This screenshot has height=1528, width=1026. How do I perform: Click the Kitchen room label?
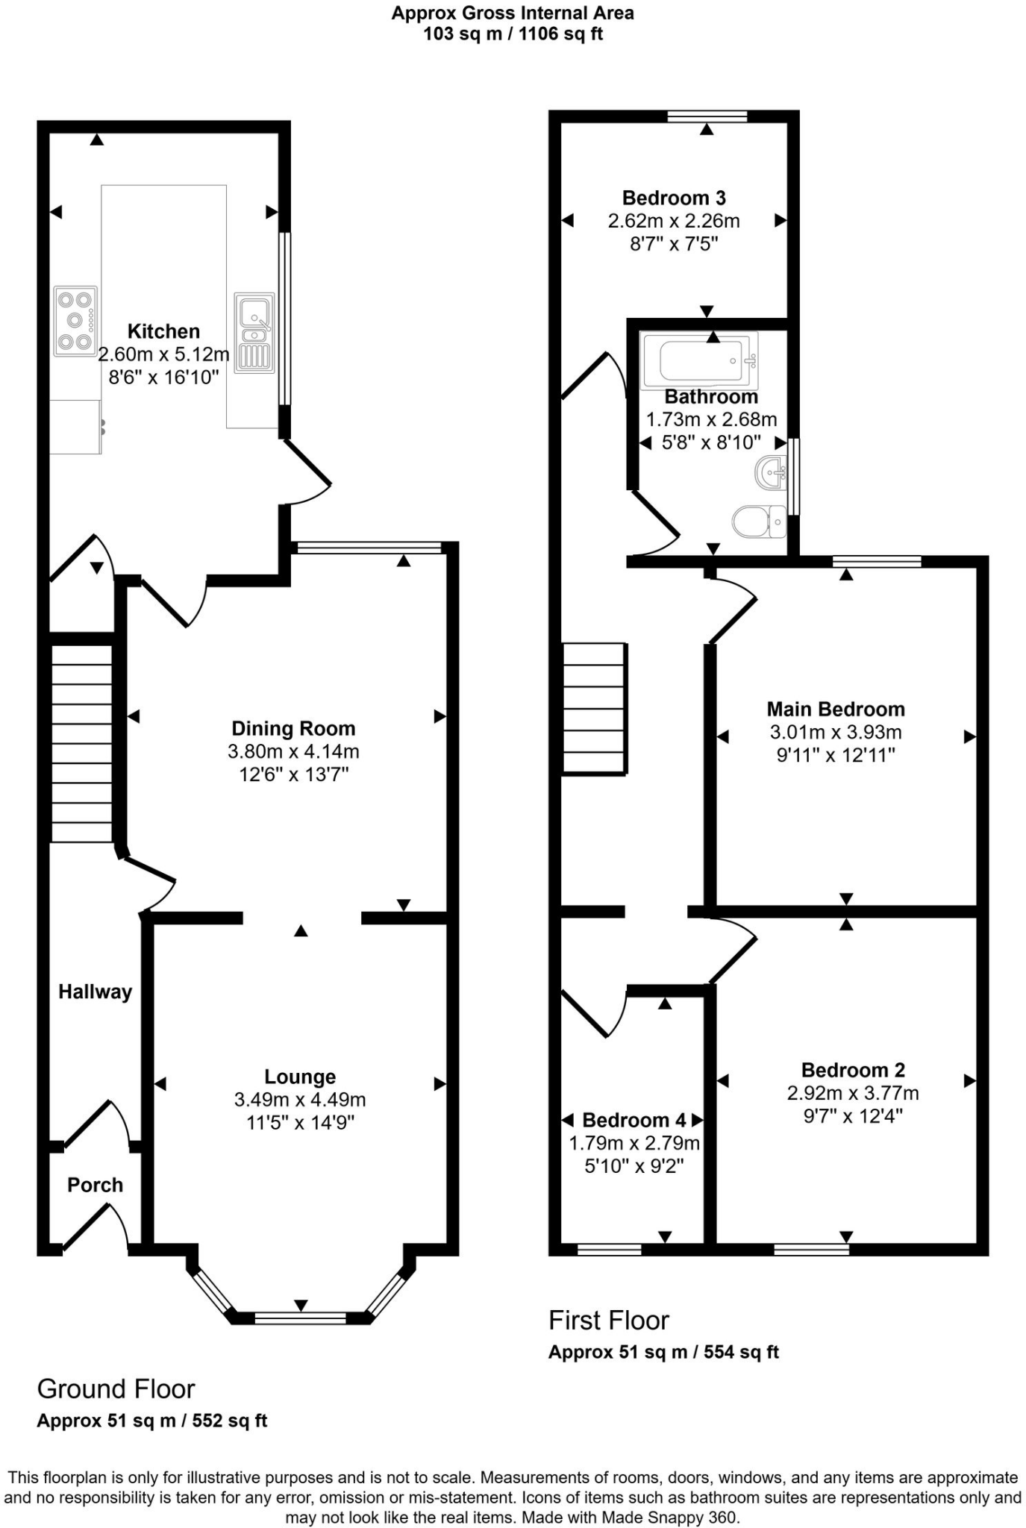pyautogui.click(x=163, y=331)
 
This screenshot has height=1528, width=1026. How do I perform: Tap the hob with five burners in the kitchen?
pyautogui.click(x=75, y=321)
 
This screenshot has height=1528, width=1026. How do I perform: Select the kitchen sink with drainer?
pyautogui.click(x=254, y=333)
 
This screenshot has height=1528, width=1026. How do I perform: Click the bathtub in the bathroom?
pyautogui.click(x=700, y=360)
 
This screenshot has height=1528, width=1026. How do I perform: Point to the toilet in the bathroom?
pyautogui.click(x=759, y=522)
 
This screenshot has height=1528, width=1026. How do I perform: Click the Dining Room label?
pyautogui.click(x=293, y=728)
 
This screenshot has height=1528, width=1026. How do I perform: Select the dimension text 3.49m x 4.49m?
pyautogui.click(x=300, y=1100)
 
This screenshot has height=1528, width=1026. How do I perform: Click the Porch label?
pyautogui.click(x=95, y=1185)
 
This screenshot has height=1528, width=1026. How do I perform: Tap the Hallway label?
pyautogui.click(x=95, y=992)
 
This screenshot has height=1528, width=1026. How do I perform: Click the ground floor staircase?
pyautogui.click(x=81, y=743)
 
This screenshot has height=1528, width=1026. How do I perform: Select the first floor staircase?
pyautogui.click(x=593, y=708)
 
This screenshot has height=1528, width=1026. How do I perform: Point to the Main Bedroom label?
pyautogui.click(x=836, y=709)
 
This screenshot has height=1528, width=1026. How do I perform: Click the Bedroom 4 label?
pyautogui.click(x=634, y=1120)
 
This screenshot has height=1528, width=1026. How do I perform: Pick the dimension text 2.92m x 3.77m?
pyautogui.click(x=853, y=1094)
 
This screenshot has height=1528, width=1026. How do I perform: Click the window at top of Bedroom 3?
pyautogui.click(x=707, y=116)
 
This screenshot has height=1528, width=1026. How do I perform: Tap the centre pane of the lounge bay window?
pyautogui.click(x=300, y=1318)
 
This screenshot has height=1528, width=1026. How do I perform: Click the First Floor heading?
pyautogui.click(x=609, y=1321)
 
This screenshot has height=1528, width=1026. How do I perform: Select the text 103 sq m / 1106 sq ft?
pyautogui.click(x=513, y=34)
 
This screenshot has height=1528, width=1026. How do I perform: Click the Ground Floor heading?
pyautogui.click(x=116, y=1389)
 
